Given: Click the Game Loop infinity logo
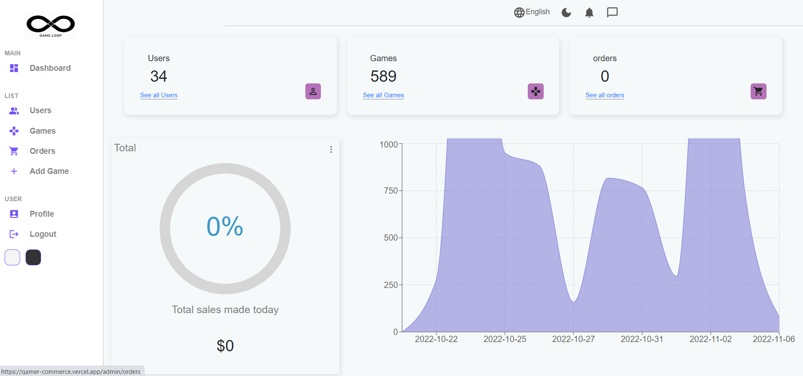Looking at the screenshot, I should (51, 25).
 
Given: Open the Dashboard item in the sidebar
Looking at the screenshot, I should (50, 68).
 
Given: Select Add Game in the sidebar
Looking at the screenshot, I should (49, 171).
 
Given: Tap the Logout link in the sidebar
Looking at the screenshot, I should (43, 234).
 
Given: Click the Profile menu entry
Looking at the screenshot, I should (41, 214).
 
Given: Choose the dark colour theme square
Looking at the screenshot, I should (33, 257).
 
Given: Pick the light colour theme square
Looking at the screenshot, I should (12, 257).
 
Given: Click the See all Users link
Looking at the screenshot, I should (159, 95).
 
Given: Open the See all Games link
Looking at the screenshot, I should (383, 95).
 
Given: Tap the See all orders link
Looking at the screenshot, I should (604, 95).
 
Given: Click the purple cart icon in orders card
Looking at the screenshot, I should (758, 91).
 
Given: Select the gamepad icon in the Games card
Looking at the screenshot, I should (535, 91).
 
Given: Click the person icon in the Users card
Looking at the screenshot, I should (313, 91).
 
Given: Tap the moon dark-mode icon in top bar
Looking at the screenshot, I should (566, 13).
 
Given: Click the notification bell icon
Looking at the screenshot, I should (589, 13).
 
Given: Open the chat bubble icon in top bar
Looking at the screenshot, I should (612, 13).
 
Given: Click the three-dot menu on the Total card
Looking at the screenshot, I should (331, 150).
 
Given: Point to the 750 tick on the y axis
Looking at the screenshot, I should (391, 191).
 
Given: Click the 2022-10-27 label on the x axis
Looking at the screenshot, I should (573, 339).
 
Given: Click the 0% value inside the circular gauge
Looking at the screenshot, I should (225, 226).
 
